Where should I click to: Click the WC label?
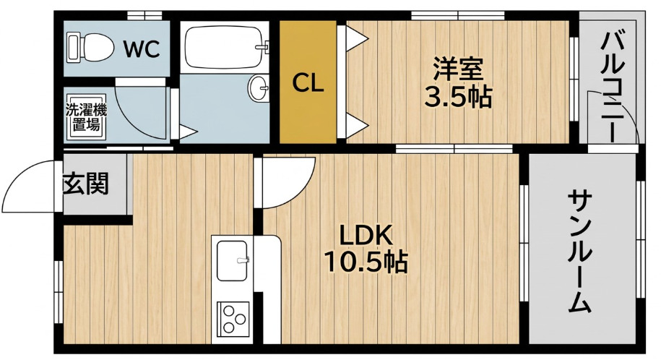pos(141,49)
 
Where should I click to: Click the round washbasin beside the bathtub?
pos(258,88)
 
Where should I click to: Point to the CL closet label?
pos(308,83)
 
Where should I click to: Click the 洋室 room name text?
pos(458,70)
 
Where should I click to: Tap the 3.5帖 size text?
pos(458,98)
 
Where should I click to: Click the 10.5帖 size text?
pos(366,262)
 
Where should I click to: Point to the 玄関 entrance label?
pos(87,184)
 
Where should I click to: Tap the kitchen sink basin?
pos(233,261)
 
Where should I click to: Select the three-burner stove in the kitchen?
pos(233,318)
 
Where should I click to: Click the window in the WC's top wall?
pos(144,16)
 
